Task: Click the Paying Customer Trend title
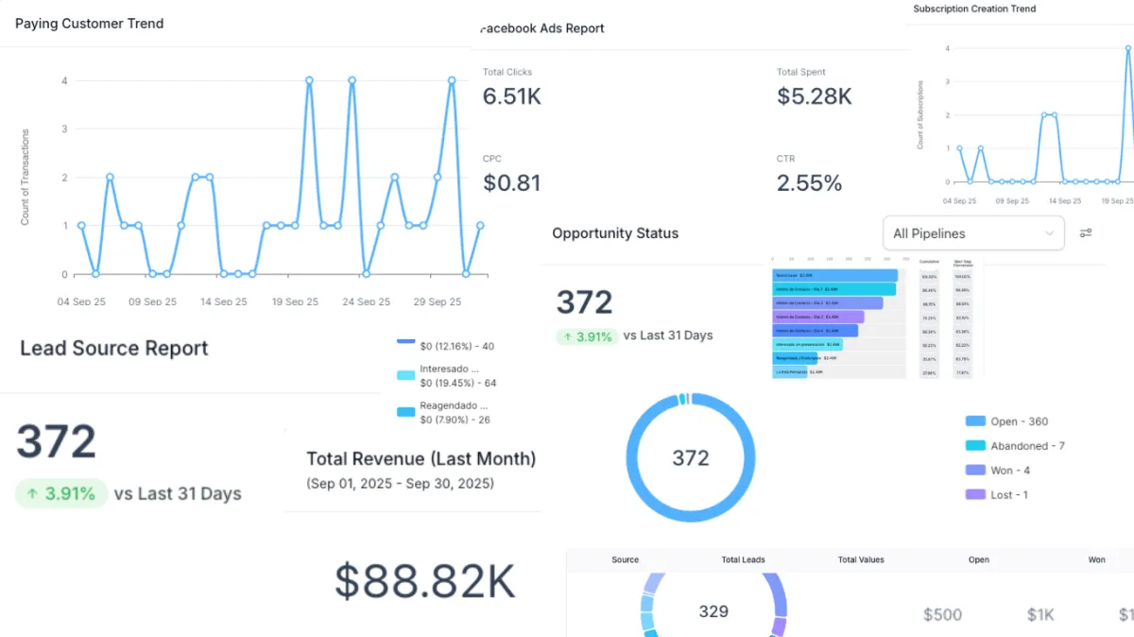click(x=89, y=24)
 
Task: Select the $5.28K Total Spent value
click(x=814, y=96)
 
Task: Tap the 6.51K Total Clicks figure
click(x=511, y=96)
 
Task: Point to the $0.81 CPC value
click(x=511, y=182)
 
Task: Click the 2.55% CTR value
click(x=809, y=182)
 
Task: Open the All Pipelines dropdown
click(x=972, y=233)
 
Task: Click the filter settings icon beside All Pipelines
click(x=1086, y=233)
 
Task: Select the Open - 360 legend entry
click(x=1007, y=422)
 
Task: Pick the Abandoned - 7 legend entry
click(x=1016, y=446)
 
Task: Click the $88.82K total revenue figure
click(x=425, y=582)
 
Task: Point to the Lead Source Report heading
click(x=113, y=348)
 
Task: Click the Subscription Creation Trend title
click(x=974, y=9)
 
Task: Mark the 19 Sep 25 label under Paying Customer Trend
click(x=295, y=301)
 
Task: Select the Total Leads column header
click(x=743, y=560)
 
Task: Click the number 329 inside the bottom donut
click(x=713, y=611)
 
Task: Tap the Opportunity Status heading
click(x=615, y=233)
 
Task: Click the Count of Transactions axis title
click(x=26, y=178)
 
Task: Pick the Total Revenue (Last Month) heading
click(x=421, y=459)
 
